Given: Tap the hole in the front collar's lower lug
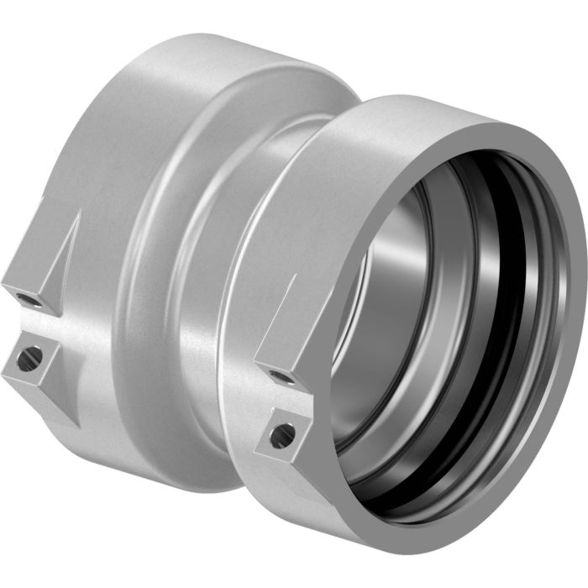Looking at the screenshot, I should coord(283,434).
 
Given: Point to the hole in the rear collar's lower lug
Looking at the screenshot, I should coord(30,359).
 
